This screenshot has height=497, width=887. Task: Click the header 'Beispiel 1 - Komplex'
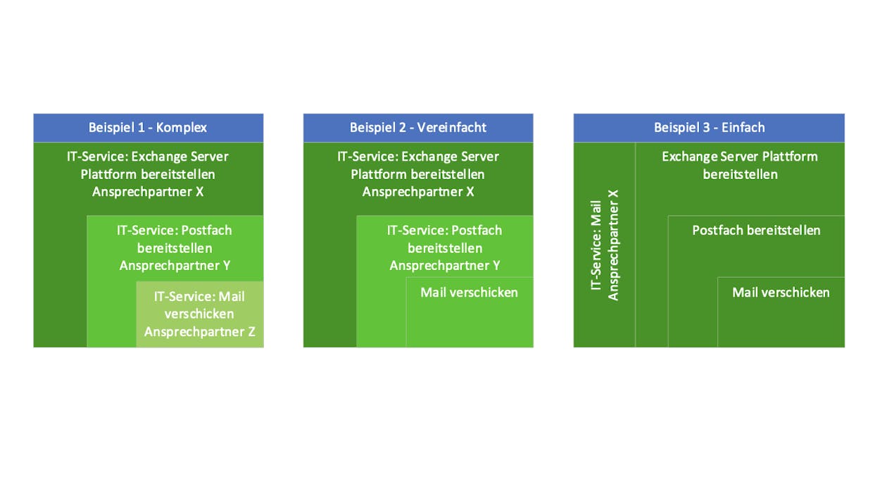148,128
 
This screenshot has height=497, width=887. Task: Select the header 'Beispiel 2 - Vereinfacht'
417,128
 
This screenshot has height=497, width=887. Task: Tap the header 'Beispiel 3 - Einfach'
709,128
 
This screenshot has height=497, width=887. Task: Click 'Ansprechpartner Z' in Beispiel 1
200,331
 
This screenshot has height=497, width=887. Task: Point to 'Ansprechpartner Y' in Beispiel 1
175,265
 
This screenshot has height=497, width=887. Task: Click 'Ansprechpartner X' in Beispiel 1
148,192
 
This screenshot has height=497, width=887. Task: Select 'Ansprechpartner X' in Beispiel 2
417,192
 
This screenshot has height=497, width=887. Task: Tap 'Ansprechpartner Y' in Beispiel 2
445,265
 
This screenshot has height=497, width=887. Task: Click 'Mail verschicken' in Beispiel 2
470,293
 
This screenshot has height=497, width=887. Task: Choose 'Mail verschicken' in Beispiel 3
781,293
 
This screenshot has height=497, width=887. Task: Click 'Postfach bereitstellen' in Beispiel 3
756,231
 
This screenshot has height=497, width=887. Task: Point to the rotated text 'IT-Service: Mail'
596,245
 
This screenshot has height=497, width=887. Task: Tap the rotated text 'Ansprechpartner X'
613,245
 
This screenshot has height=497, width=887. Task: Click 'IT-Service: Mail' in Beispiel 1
199,296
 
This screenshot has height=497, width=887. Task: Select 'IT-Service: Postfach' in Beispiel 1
175,231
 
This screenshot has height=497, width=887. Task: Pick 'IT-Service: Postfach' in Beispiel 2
444,231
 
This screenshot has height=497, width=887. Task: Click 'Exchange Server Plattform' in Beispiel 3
740,157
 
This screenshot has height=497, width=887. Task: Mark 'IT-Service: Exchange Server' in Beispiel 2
417,157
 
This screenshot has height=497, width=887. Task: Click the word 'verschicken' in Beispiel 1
199,314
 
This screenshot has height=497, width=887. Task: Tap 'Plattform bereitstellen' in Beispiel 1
148,175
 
